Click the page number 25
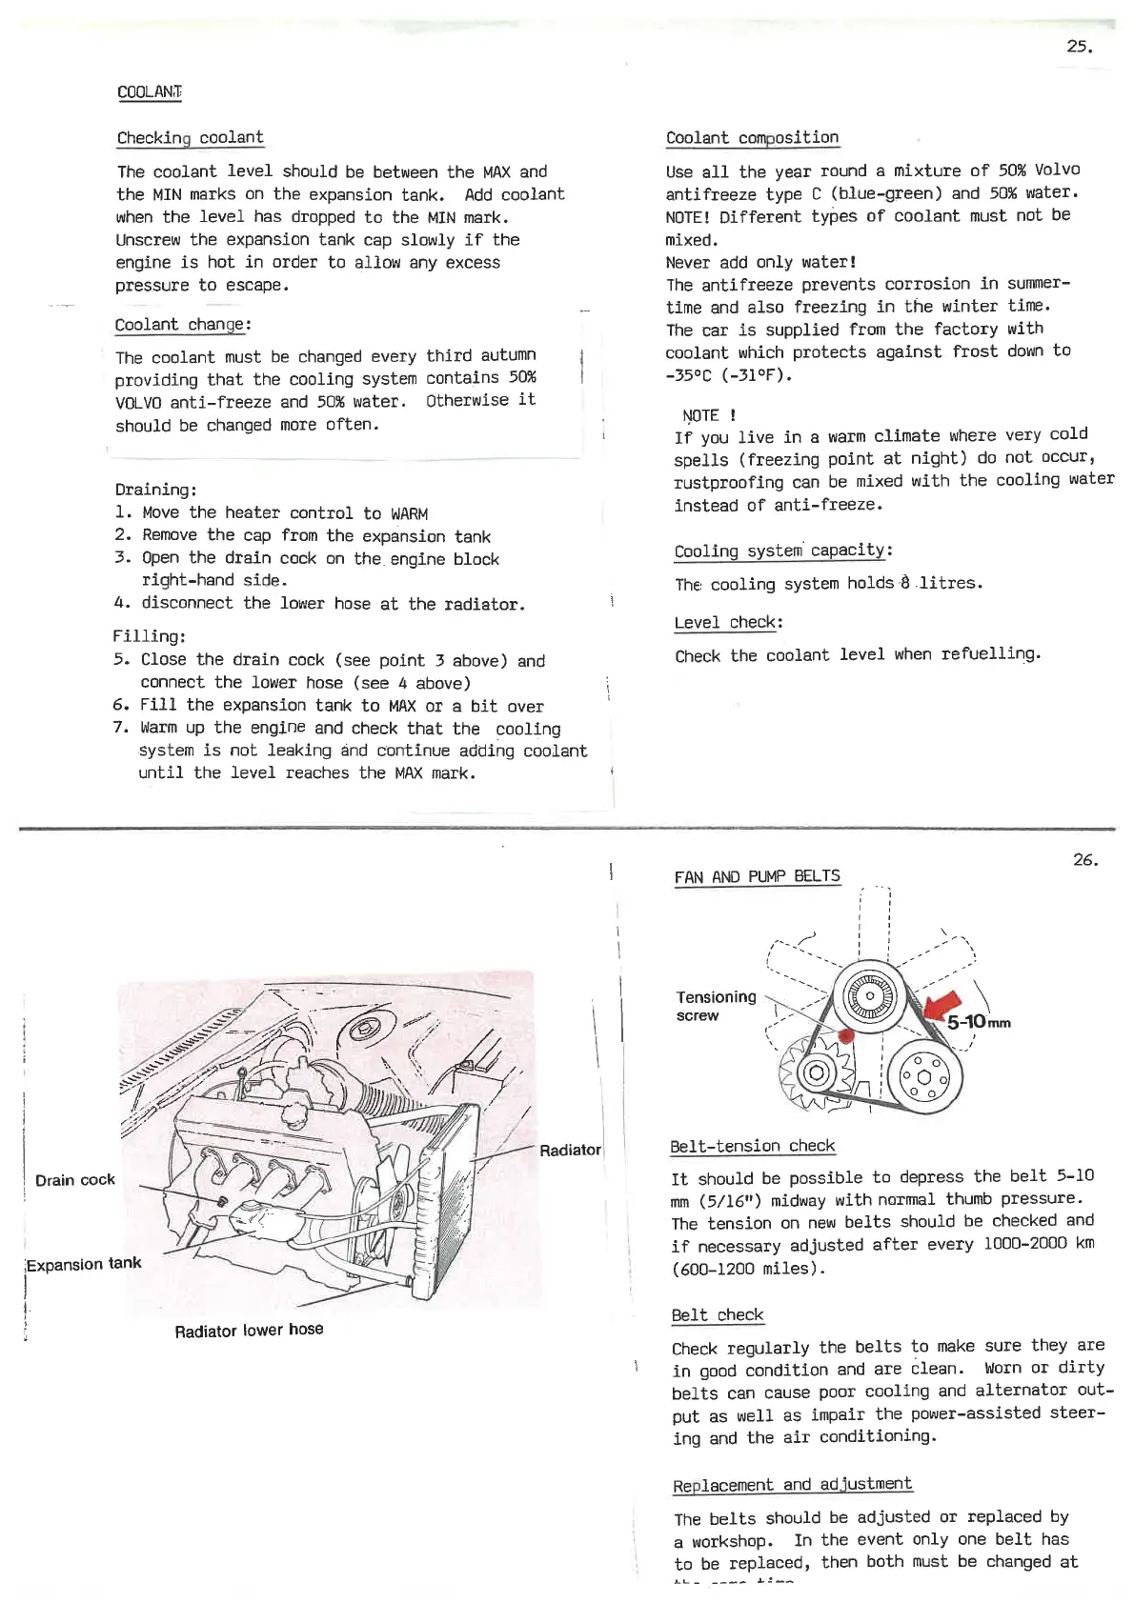pos(1079,47)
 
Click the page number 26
pos(1085,860)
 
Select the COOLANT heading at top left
pos(149,92)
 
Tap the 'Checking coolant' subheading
pos(190,138)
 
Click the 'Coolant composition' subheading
pos(752,138)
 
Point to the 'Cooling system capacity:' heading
pos(782,551)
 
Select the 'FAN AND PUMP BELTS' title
pos(757,876)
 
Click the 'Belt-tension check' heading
pos(752,1146)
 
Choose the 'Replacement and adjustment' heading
pos(792,1485)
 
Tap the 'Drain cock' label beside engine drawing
pos(74,1180)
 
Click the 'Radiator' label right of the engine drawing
pos(570,1151)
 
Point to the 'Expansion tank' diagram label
pos(84,1264)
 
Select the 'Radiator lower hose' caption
pos(249,1330)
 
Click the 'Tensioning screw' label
pos(716,1006)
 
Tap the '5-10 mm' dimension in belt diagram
pos(978,1022)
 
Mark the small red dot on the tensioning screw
pos(844,1036)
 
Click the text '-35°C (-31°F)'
pos(729,375)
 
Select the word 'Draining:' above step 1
pos(155,491)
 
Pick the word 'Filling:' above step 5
pos(150,636)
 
